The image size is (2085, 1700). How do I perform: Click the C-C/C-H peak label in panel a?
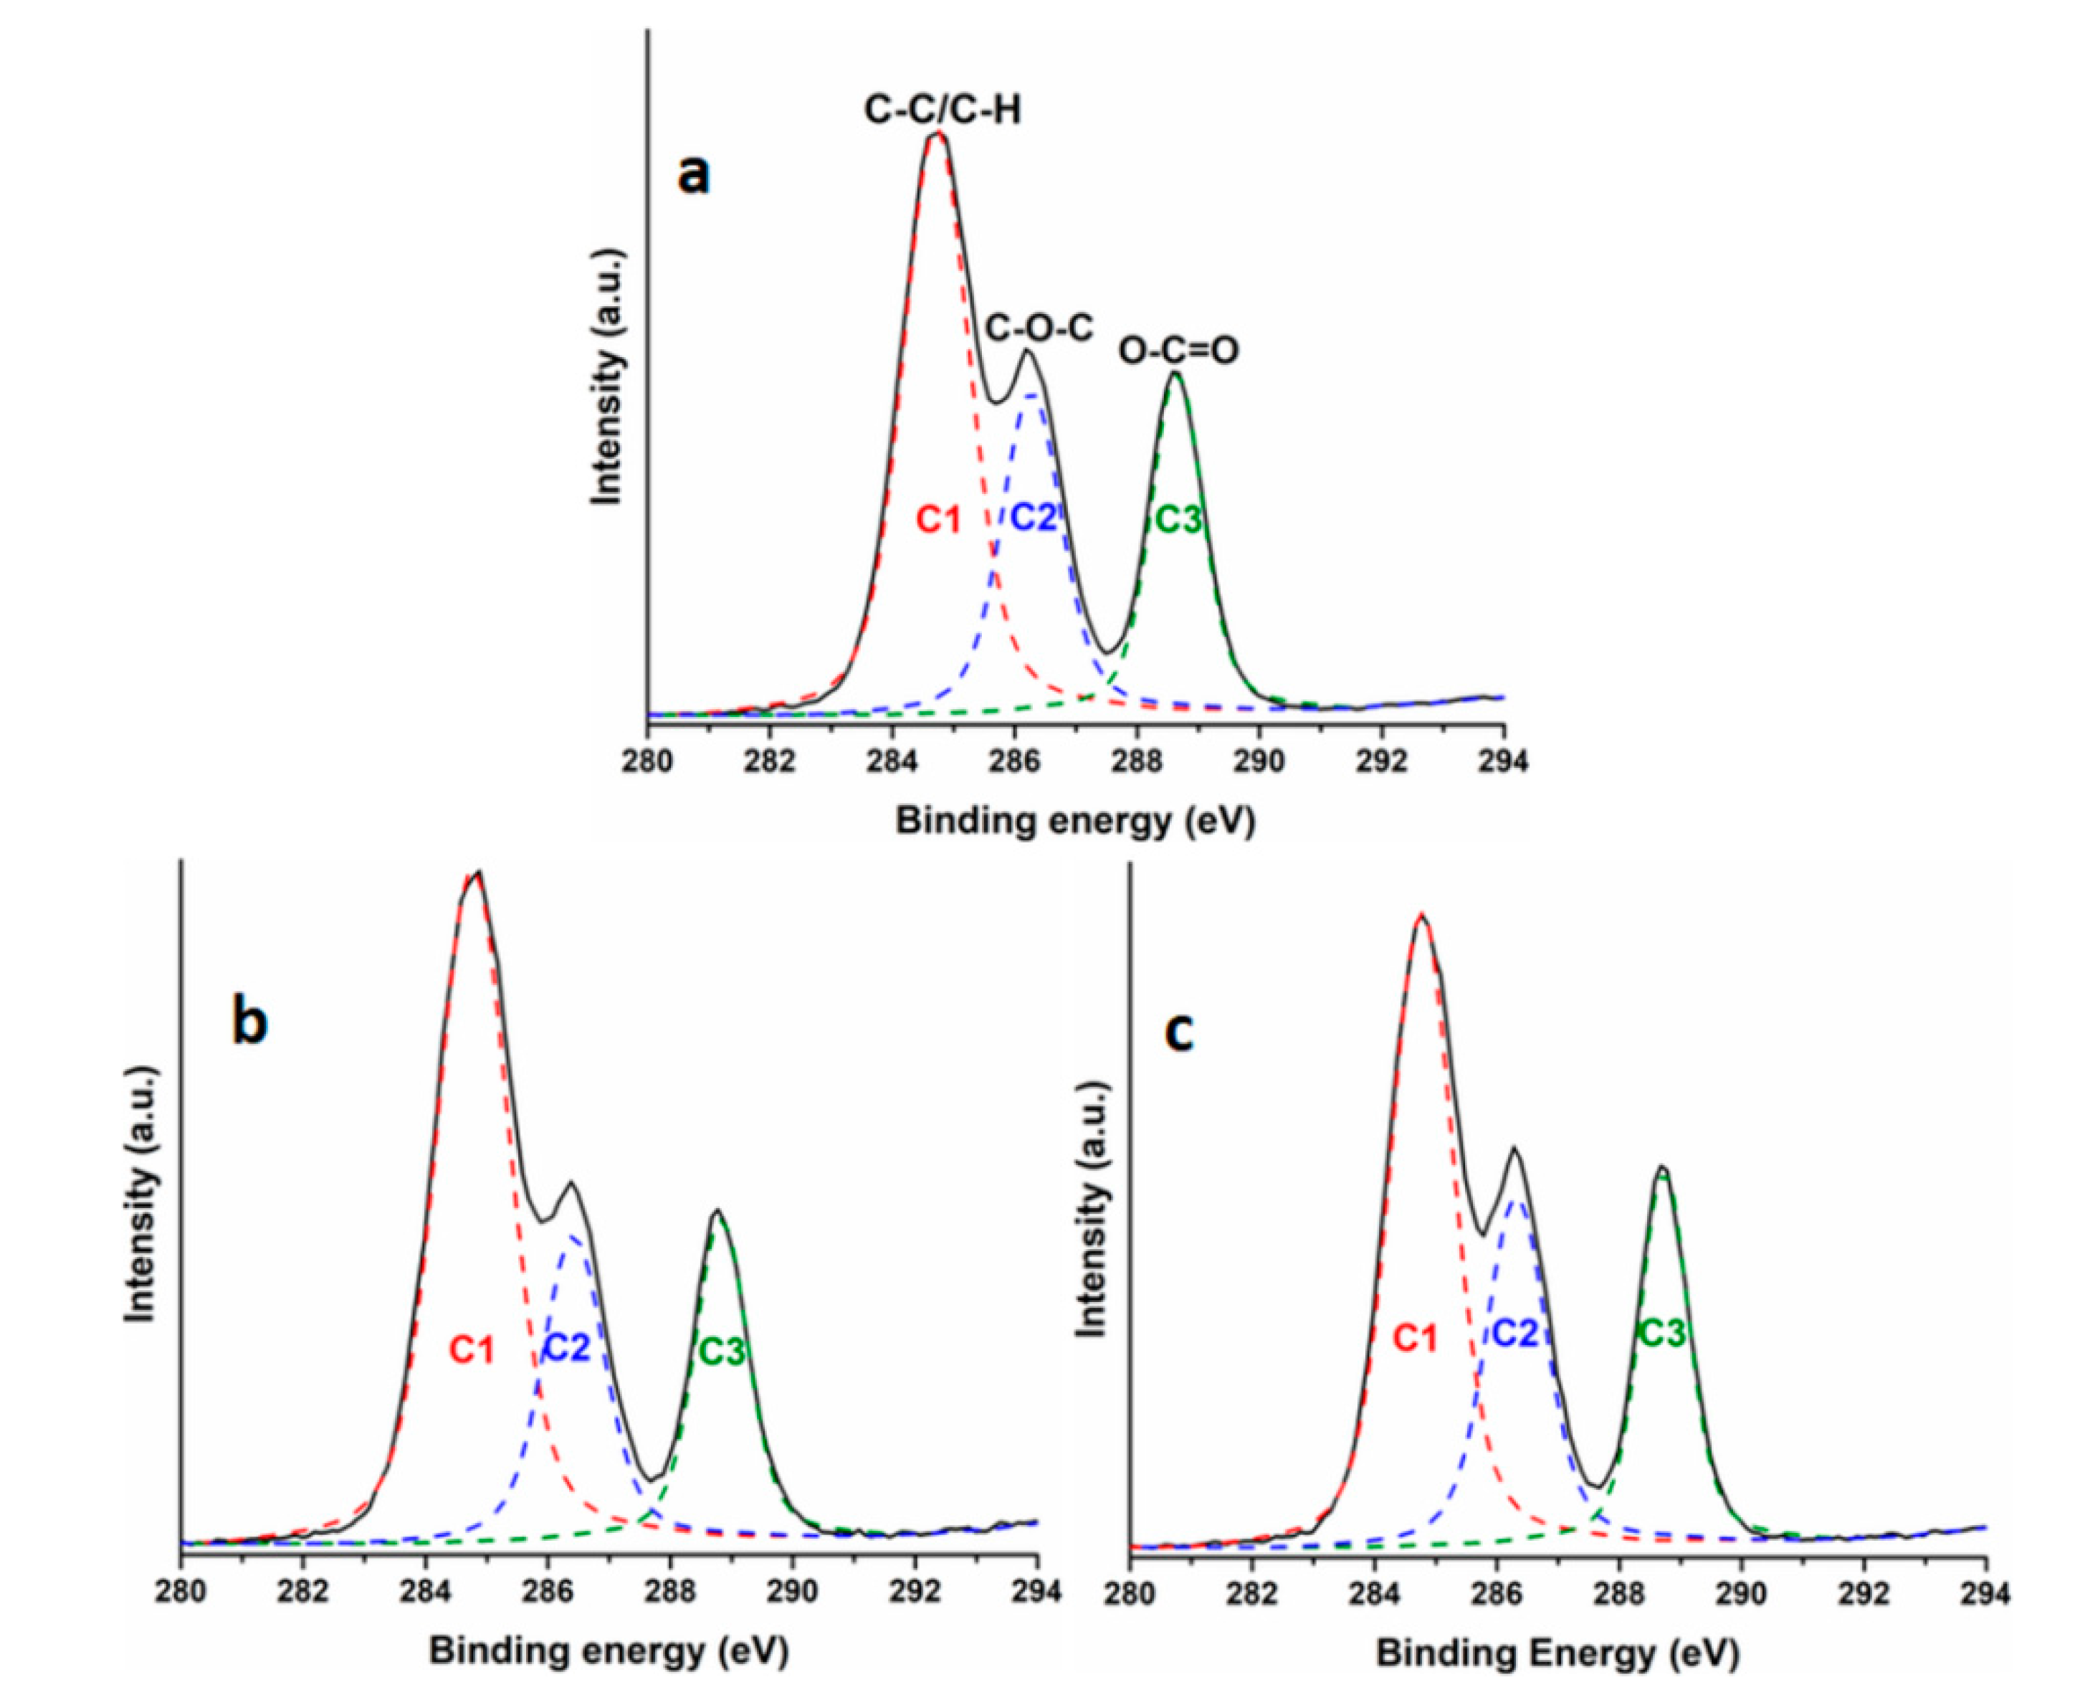(942, 110)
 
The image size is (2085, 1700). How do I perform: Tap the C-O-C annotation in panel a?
(1039, 328)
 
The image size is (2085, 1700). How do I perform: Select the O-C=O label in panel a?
(1178, 350)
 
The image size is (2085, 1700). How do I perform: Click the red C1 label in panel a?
(937, 520)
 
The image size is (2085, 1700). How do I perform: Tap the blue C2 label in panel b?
(567, 1349)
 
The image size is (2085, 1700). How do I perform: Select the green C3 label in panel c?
(1662, 1333)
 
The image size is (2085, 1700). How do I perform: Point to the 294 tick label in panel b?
(1038, 1590)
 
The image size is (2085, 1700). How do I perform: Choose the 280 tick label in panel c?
(1130, 1594)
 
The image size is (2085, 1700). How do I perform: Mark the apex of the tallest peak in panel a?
(937, 133)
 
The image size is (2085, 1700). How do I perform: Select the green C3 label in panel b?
(722, 1352)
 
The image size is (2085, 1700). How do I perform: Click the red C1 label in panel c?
(1416, 1336)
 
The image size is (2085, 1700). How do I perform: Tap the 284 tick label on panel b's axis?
(425, 1590)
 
